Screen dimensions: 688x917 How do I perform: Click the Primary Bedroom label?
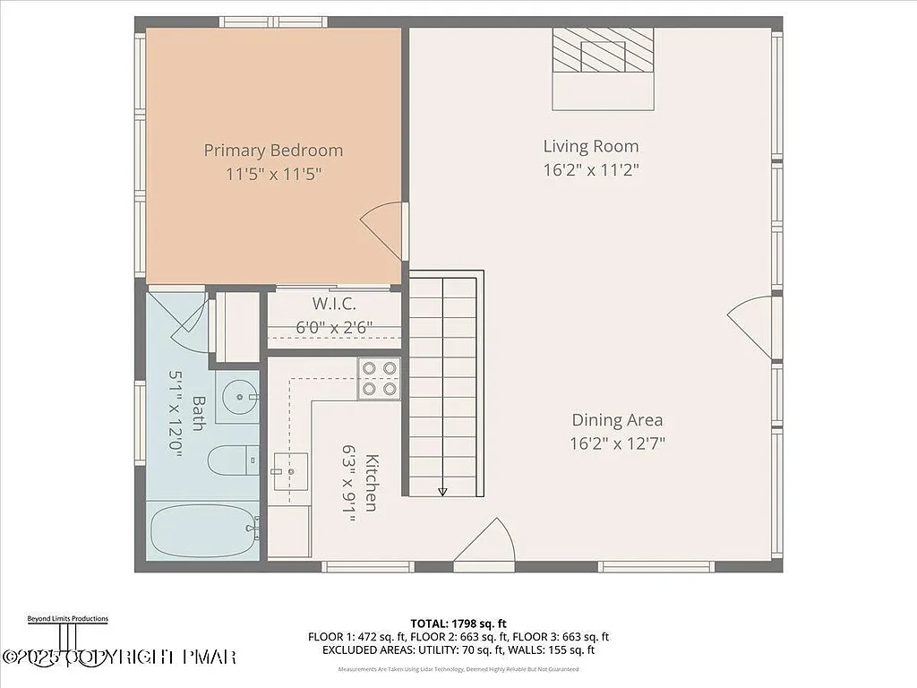273,150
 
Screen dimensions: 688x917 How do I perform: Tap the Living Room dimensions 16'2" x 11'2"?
591,169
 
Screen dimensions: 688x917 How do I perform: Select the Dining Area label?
618,419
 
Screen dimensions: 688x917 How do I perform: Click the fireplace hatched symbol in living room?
603,50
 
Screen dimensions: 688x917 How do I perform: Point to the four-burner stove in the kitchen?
379,378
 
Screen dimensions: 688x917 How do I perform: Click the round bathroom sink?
240,396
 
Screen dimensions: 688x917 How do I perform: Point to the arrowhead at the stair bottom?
442,491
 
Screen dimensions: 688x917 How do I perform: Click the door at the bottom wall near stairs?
485,545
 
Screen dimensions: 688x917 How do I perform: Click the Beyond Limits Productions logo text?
66,618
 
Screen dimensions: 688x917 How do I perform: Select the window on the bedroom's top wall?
273,21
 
